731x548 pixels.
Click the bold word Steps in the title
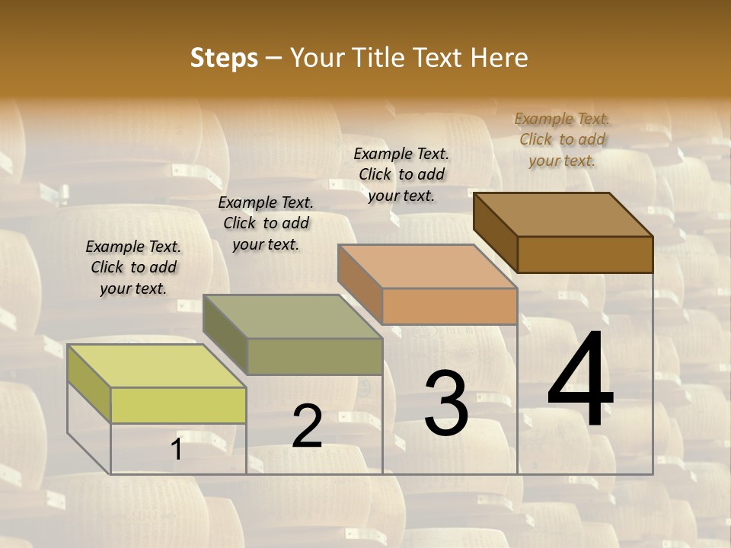tap(224, 58)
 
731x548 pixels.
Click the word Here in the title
tap(500, 58)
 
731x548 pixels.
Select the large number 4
tap(580, 381)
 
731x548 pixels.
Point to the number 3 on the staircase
tap(446, 403)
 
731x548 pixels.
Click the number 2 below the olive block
tap(307, 426)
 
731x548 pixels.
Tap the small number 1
tap(177, 449)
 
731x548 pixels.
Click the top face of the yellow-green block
tap(156, 366)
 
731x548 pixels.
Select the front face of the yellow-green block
tap(178, 405)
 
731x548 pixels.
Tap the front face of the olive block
tap(314, 356)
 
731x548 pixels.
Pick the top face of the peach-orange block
tap(427, 266)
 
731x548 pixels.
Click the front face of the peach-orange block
tap(449, 306)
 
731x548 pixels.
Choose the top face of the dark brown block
tap(563, 215)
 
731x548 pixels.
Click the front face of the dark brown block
tap(585, 254)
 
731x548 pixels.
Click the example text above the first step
tap(133, 267)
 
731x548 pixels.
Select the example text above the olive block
tap(266, 223)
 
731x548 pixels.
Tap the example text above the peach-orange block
tap(401, 174)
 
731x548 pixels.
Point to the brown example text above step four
tap(562, 139)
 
